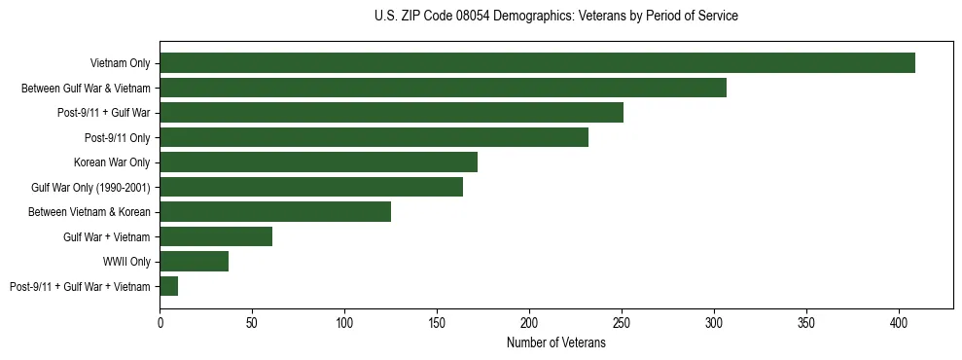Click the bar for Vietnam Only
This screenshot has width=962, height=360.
[537, 63]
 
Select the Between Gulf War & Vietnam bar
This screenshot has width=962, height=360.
[443, 88]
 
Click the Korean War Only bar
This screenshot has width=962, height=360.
[318, 162]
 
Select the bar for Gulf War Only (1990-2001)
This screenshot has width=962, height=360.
[311, 187]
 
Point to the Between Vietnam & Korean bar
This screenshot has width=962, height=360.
[275, 212]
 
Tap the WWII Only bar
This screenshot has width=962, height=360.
[194, 262]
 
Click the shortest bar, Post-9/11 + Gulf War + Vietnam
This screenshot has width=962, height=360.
[169, 286]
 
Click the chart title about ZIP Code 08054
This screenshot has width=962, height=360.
[555, 17]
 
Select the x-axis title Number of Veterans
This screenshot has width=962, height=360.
[555, 342]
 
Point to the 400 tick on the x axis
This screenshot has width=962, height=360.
[899, 321]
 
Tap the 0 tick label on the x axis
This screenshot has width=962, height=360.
[160, 321]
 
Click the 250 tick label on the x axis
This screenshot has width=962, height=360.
[622, 321]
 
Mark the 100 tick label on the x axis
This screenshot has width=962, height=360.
[344, 321]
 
